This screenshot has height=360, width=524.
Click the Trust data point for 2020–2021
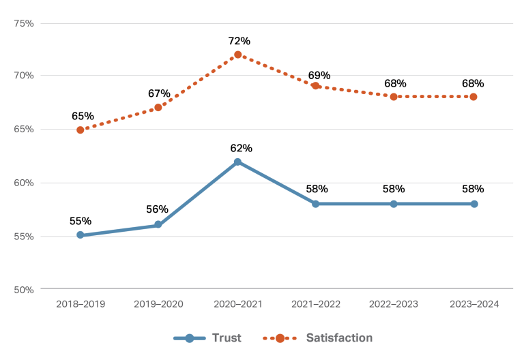tap(237, 162)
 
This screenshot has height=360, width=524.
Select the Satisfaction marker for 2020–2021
tap(237, 55)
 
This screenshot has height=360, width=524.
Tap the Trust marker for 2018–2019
tap(81, 235)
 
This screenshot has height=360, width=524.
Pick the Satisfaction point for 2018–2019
tap(81, 130)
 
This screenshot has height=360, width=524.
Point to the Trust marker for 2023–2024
tap(474, 204)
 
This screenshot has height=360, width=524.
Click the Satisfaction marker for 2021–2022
tap(316, 86)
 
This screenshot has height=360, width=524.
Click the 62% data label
tap(240, 148)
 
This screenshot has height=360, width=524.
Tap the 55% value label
tap(81, 221)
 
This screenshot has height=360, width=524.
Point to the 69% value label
tap(319, 75)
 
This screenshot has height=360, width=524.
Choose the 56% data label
tap(158, 209)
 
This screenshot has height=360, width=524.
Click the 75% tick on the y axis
tap(24, 23)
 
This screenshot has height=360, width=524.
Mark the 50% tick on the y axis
tap(24, 290)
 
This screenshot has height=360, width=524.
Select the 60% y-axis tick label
tap(24, 183)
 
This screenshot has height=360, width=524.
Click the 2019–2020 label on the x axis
tap(159, 304)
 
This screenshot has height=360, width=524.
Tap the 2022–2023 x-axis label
tap(394, 304)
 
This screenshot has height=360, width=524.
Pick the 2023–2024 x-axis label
tap(474, 304)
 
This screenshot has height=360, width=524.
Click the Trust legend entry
tap(207, 337)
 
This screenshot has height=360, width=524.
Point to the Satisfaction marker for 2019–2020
tap(158, 107)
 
